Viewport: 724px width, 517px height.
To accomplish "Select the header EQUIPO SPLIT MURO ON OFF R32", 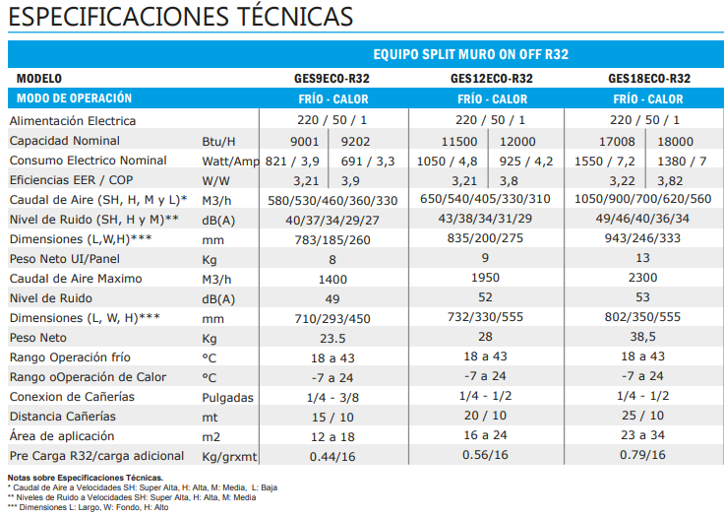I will pyautogui.click(x=471, y=54).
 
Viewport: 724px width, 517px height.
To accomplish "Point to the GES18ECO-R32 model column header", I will pyautogui.click(x=648, y=79).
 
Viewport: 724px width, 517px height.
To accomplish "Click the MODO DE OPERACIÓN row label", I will pyautogui.click(x=74, y=98).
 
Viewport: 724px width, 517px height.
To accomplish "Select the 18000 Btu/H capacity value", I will pyautogui.click(x=675, y=141).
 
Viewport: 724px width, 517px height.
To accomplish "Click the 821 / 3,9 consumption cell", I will pyautogui.click(x=292, y=161).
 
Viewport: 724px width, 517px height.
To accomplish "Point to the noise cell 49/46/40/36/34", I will pyautogui.click(x=648, y=219).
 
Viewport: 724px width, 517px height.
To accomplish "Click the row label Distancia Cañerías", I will pyautogui.click(x=63, y=416).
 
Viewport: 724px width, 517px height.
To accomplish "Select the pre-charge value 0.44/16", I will pyautogui.click(x=332, y=456).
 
